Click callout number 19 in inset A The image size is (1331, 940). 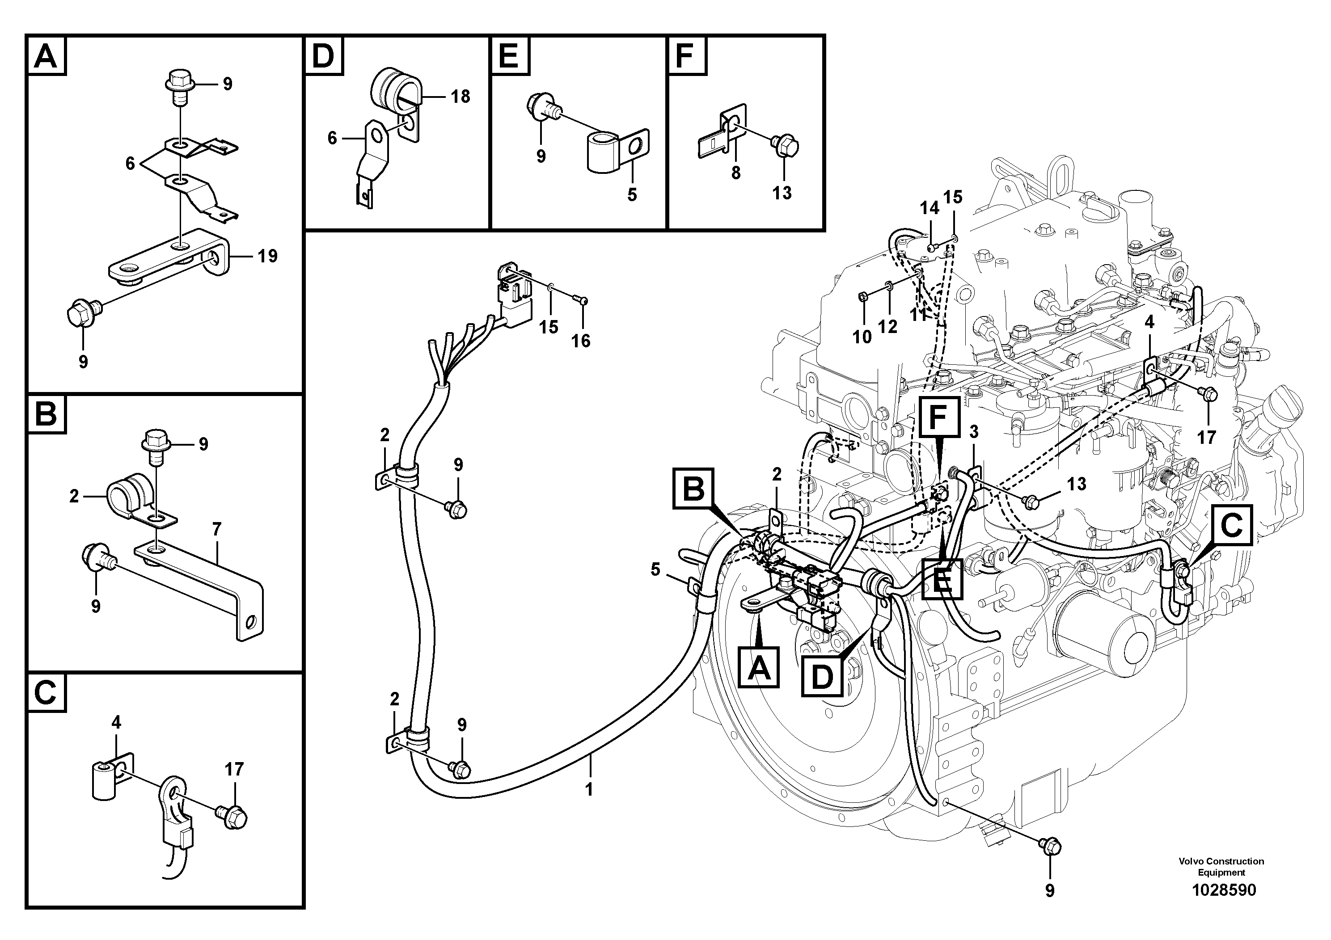[267, 256]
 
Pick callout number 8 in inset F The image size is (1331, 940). [735, 172]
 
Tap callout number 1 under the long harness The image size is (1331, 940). [589, 789]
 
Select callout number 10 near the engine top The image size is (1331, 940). [862, 336]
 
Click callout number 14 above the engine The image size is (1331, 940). [929, 208]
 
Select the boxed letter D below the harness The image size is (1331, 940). [821, 676]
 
